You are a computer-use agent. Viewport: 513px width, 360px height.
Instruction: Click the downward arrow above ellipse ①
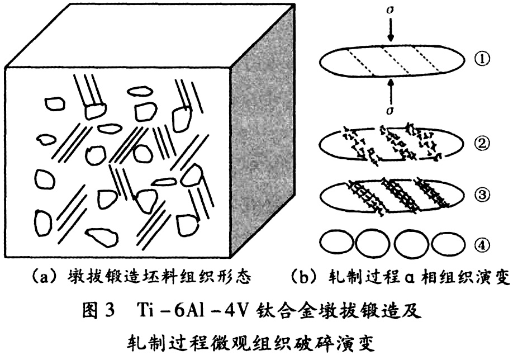pyautogui.click(x=391, y=31)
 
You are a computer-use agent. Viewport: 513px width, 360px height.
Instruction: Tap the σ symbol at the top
pyautogui.click(x=391, y=11)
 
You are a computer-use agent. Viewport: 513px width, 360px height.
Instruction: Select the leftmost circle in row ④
pyautogui.click(x=336, y=244)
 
